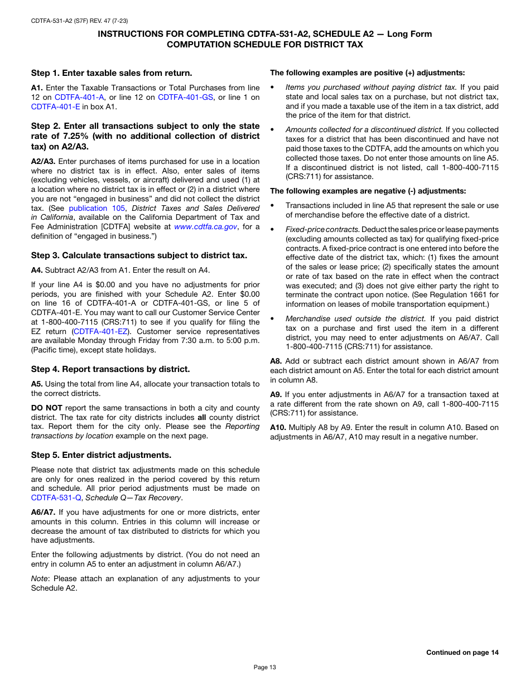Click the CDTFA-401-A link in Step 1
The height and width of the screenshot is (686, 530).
click(79, 97)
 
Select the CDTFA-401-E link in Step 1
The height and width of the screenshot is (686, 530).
click(55, 107)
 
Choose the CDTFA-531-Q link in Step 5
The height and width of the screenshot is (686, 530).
click(57, 497)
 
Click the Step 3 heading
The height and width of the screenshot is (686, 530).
click(139, 255)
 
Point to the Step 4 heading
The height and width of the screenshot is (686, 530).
click(110, 369)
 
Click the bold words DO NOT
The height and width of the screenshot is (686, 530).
click(46, 408)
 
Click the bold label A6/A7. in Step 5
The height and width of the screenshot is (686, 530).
click(43, 512)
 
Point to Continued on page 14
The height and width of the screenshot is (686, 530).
click(462, 652)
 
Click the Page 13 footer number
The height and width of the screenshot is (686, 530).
click(264, 667)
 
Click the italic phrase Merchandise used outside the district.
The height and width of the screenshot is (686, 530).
click(355, 318)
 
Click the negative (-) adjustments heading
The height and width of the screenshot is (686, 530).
click(368, 191)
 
